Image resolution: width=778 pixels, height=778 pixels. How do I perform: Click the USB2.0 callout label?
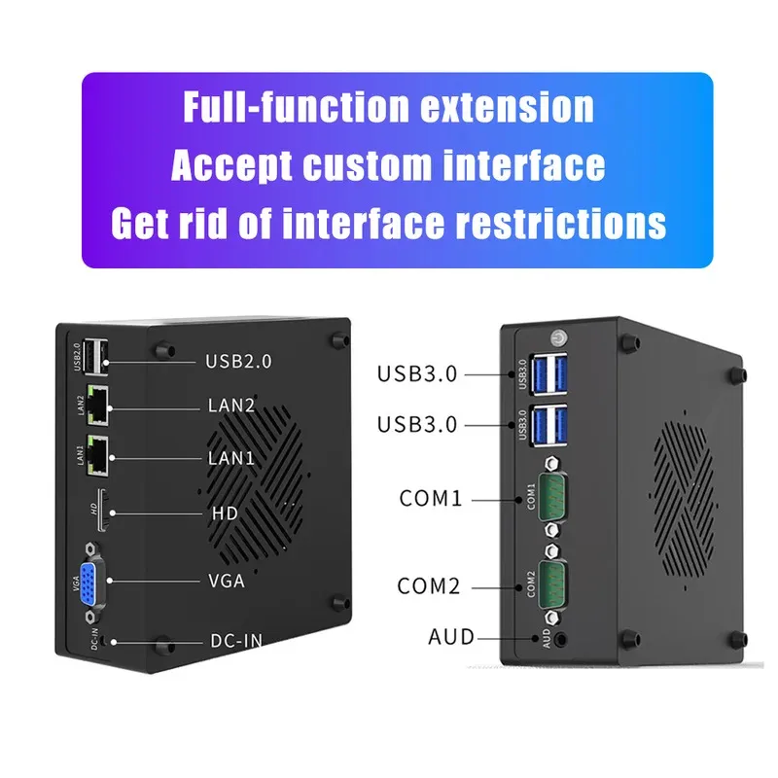pos(238,362)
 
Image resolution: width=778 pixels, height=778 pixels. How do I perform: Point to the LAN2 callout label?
pos(231,405)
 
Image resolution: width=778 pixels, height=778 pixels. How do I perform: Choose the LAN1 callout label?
pos(231,457)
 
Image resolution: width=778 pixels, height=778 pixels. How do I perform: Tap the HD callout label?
pos(225,513)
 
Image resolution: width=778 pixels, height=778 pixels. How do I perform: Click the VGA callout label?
pos(228,582)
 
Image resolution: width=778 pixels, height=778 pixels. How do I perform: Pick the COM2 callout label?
pos(429,586)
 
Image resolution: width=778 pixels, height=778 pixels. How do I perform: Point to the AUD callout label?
pos(451,638)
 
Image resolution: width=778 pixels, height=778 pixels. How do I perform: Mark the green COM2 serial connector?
pos(552,583)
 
